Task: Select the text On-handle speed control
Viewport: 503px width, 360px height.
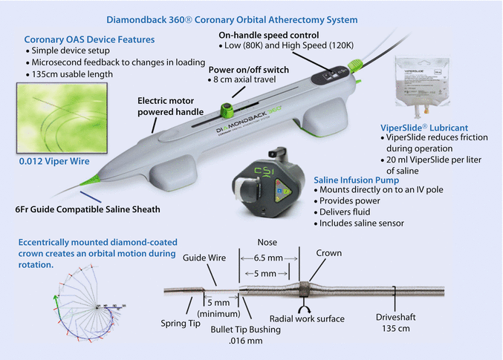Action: click(270, 35)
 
